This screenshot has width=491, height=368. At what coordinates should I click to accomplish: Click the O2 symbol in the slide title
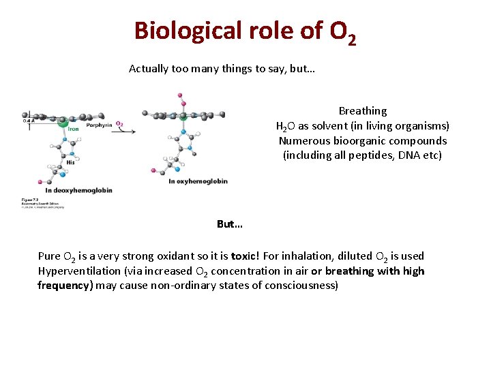(342, 33)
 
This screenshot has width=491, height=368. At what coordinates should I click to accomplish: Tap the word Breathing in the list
(362, 110)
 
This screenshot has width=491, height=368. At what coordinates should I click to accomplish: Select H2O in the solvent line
(286, 126)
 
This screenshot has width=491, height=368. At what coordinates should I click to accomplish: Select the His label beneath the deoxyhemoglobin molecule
(70, 162)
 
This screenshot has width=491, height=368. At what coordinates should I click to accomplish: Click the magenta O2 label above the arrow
(120, 124)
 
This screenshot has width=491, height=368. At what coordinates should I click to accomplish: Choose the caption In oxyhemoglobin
(198, 181)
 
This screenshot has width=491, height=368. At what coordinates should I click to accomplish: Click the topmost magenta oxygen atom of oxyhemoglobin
(180, 95)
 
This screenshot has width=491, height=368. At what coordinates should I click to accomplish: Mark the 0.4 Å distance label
(28, 121)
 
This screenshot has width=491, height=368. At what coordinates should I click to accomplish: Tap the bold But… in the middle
(230, 224)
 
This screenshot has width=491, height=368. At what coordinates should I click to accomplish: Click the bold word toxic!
(244, 256)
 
